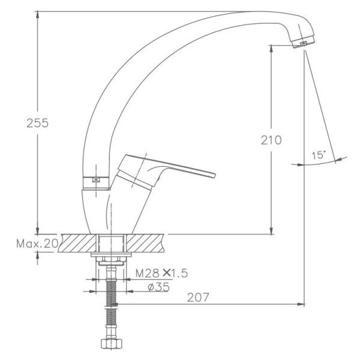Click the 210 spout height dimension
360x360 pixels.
pyautogui.click(x=271, y=140)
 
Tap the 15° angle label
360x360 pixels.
pyautogui.click(x=319, y=155)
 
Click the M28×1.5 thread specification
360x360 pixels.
pyautogui.click(x=161, y=274)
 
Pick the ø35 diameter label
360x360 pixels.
pyautogui.click(x=158, y=287)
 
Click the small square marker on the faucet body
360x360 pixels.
pyautogui.click(x=95, y=179)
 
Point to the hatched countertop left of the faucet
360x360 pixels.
pyautogui.click(x=75, y=244)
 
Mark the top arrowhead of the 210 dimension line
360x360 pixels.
pyautogui.click(x=271, y=46)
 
